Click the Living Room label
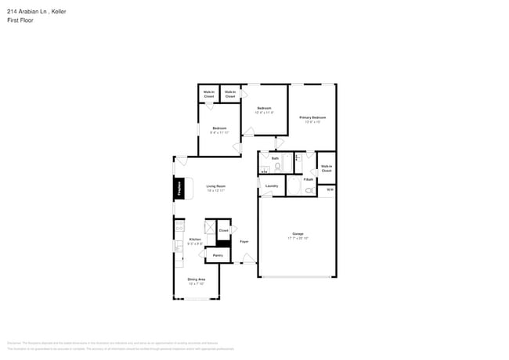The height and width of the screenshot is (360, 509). (x=215, y=187)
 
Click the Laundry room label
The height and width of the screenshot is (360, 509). (x=272, y=186)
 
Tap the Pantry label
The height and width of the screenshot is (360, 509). (x=218, y=255)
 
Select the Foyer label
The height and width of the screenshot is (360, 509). (x=244, y=241)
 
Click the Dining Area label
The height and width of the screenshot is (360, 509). (x=196, y=280)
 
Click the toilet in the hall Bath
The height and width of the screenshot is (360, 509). (x=277, y=167)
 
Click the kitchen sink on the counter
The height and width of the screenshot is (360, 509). (x=179, y=245)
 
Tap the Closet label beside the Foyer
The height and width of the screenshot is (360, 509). (x=223, y=231)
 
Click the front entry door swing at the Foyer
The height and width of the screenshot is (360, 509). (x=248, y=258)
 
